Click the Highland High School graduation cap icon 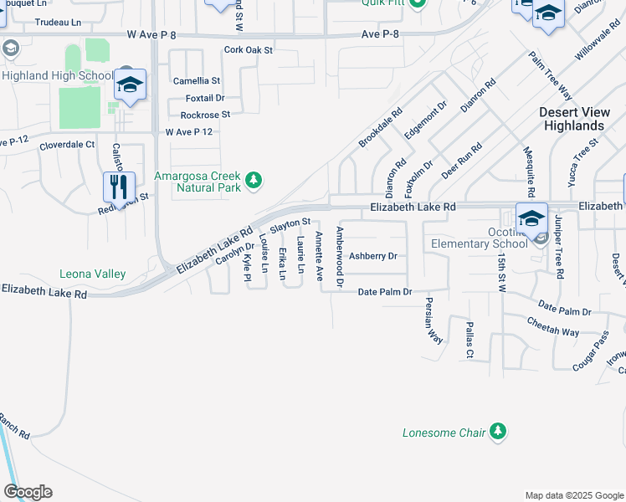pyautogui.click(x=131, y=85)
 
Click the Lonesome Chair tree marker pyautogui.click(x=498, y=432)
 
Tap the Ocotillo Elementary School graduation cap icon pyautogui.click(x=531, y=218)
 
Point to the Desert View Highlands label pyautogui.click(x=572, y=119)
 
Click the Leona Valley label pyautogui.click(x=92, y=274)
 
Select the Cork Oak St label pyautogui.click(x=249, y=50)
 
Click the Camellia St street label pyautogui.click(x=196, y=81)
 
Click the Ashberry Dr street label pyautogui.click(x=372, y=256)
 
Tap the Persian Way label pyautogui.click(x=433, y=320)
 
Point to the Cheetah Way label pyautogui.click(x=552, y=326)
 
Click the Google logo pyautogui.click(x=28, y=492)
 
